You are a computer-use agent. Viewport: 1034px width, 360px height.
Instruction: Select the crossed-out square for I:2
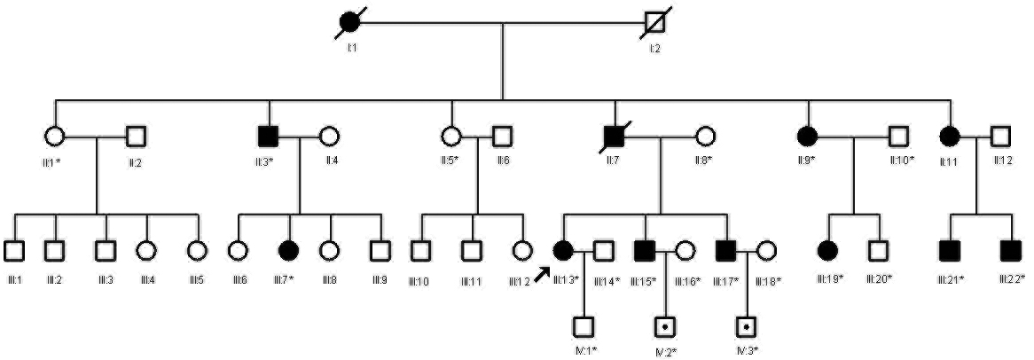654,24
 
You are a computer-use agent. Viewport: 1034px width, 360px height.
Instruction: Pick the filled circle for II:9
808,137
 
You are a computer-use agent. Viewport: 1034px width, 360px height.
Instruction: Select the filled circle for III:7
287,251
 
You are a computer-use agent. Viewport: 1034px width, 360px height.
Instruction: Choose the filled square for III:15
645,251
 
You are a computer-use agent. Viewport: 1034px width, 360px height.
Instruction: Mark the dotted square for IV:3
748,326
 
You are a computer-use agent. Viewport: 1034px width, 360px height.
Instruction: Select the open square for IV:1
583,326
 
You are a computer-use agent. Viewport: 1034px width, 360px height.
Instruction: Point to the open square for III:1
13,251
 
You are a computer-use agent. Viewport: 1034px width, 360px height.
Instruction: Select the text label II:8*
706,160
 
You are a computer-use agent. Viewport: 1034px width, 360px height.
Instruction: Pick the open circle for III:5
196,251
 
